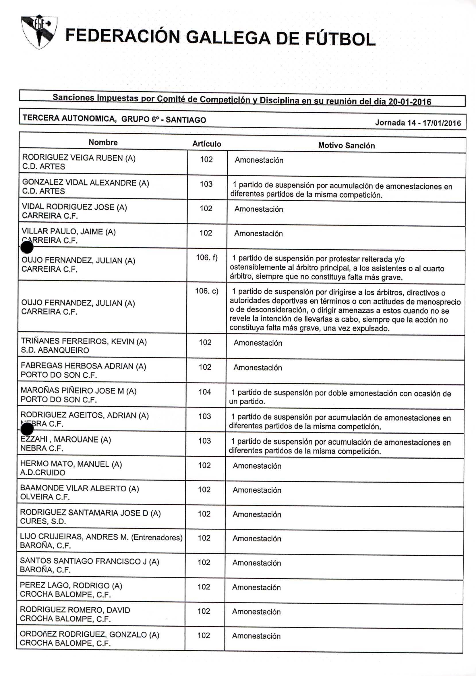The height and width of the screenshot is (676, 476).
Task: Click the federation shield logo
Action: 39,32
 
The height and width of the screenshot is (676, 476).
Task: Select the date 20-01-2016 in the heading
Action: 409,102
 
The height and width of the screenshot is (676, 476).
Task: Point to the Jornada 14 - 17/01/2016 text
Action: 418,123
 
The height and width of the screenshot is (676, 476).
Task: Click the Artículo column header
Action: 207,144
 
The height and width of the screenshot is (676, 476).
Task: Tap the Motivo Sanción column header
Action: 346,145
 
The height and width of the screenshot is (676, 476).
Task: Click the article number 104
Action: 205,392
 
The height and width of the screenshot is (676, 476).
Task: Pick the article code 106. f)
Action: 207,258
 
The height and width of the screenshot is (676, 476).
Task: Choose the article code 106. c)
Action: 207,291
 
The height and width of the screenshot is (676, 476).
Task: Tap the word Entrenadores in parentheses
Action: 156,538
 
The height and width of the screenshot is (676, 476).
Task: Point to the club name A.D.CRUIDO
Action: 43,473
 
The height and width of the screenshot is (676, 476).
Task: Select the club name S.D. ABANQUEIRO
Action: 55,350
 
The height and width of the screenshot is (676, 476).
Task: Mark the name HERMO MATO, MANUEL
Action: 65,464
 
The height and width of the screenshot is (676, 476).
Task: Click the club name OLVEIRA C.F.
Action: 45,497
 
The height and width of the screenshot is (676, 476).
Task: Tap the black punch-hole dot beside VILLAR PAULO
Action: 27,247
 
